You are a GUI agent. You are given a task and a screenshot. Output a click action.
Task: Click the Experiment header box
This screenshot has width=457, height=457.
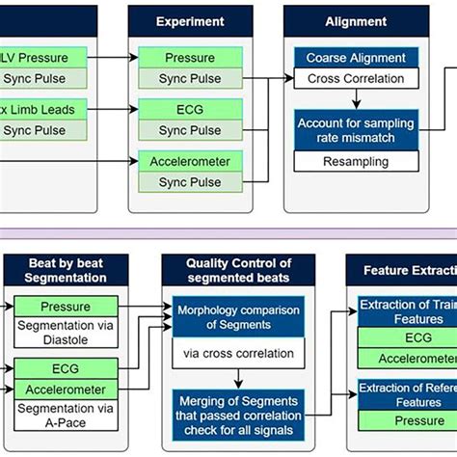(190, 20)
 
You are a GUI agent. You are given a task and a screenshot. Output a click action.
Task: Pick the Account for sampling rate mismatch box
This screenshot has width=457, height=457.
(356, 130)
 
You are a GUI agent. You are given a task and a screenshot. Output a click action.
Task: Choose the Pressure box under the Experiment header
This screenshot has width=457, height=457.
(190, 58)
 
